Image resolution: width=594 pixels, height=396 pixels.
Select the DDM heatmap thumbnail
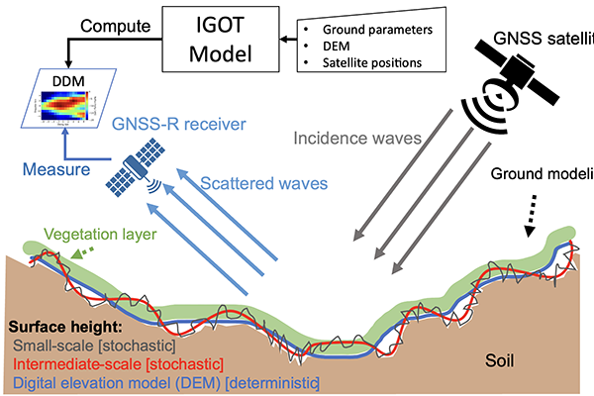tap(61, 110)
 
